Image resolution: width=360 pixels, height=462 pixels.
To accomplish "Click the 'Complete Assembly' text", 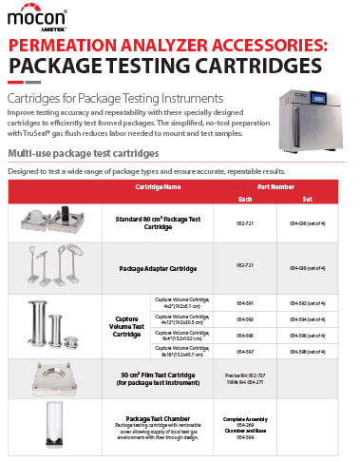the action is tap(245, 417).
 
